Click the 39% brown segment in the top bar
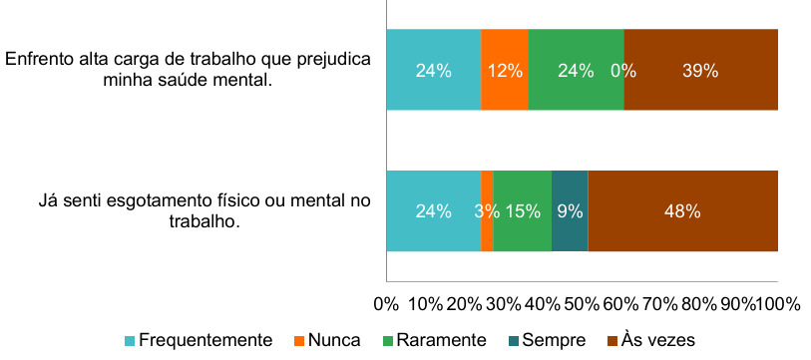pyautogui.click(x=701, y=70)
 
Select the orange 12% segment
pyautogui.click(x=505, y=70)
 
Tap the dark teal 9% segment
pyautogui.click(x=570, y=211)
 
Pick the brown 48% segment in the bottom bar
pyautogui.click(x=683, y=211)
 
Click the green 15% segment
pyautogui.click(x=523, y=211)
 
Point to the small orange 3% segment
pyautogui.click(x=487, y=211)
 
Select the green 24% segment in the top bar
pyautogui.click(x=577, y=70)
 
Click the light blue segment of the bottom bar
pyautogui.click(x=434, y=211)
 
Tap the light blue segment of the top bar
pyautogui.click(x=434, y=70)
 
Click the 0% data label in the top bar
pyautogui.click(x=623, y=71)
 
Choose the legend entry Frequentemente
pyautogui.click(x=199, y=340)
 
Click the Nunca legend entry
pyautogui.click(x=327, y=340)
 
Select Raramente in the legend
pyautogui.click(x=435, y=340)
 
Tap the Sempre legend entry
pyautogui.click(x=547, y=340)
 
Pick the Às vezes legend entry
pyautogui.click(x=651, y=340)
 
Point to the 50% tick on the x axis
pyautogui.click(x=582, y=304)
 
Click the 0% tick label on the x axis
pyautogui.click(x=386, y=304)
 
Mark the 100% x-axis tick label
pyautogui.click(x=778, y=304)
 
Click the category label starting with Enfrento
pyautogui.click(x=188, y=70)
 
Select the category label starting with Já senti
pyautogui.click(x=204, y=211)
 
